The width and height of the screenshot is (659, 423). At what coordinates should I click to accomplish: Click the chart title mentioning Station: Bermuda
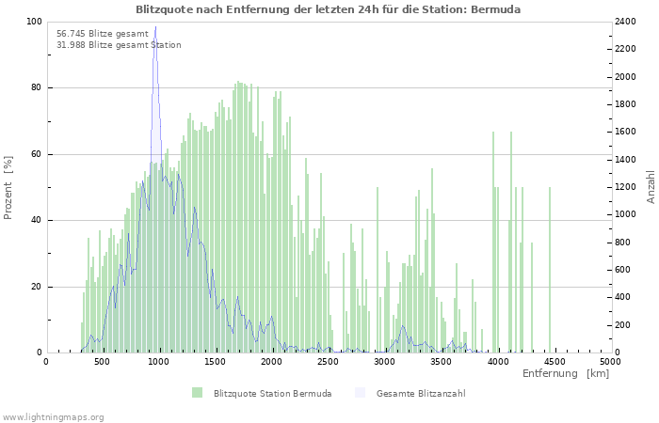point(328,8)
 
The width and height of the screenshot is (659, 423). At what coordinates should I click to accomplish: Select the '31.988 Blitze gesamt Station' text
point(119,45)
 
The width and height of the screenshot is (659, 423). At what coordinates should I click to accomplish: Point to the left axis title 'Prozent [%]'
point(8,187)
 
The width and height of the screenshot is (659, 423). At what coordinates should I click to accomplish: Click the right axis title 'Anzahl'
point(651,187)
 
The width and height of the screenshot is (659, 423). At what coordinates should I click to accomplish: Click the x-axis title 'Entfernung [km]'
point(566,374)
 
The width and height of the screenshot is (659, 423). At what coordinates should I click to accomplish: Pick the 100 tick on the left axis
point(34,22)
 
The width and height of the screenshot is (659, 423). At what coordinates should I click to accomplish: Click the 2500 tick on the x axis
point(329,361)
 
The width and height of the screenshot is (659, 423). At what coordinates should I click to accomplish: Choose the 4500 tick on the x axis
point(555,361)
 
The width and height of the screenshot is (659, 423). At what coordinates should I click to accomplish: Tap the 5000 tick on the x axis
point(610,361)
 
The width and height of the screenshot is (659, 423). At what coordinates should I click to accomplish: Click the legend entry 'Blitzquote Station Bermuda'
point(272,393)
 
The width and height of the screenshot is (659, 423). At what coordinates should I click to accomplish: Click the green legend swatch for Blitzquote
point(197,393)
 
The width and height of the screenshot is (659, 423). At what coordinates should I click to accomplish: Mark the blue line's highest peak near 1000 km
point(155,54)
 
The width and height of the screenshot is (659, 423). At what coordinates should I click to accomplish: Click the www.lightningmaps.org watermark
point(53,416)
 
